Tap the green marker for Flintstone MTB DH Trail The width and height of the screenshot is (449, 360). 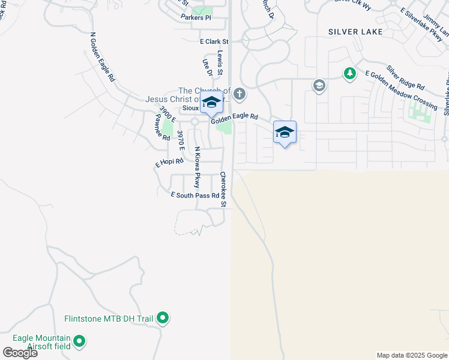coord(163,318)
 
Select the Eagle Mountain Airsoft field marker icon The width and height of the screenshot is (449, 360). coord(79,343)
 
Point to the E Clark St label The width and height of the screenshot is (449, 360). coord(214,42)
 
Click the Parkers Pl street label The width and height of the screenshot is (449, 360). coord(196,17)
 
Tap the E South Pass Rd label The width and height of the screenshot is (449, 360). coord(194,195)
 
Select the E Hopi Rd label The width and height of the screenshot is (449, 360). coord(169,162)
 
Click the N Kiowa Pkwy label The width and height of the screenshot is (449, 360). coord(196,167)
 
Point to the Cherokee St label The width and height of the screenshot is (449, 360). coord(223,189)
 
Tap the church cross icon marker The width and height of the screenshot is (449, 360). coord(240,94)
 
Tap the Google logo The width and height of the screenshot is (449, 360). coord(20,352)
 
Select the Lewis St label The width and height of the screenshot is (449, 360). coord(220,63)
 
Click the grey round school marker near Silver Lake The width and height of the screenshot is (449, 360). coord(318,86)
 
